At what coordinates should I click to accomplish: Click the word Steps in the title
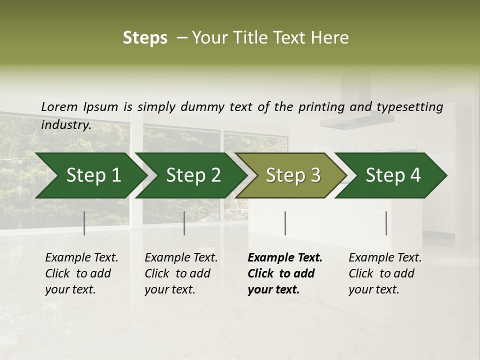tap(145, 38)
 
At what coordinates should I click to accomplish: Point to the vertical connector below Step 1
tap(84, 223)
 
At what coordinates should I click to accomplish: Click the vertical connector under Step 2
tap(184, 223)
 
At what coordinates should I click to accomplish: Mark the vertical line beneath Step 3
tap(285, 223)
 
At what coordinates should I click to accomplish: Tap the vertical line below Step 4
tap(386, 223)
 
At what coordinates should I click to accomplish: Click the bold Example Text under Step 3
tap(284, 273)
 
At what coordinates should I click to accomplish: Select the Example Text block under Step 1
tap(81, 273)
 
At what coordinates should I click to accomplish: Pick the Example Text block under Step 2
tap(180, 273)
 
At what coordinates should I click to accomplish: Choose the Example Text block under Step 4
tap(384, 273)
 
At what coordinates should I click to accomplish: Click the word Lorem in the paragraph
tap(59, 107)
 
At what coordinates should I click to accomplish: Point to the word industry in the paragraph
tap(65, 125)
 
